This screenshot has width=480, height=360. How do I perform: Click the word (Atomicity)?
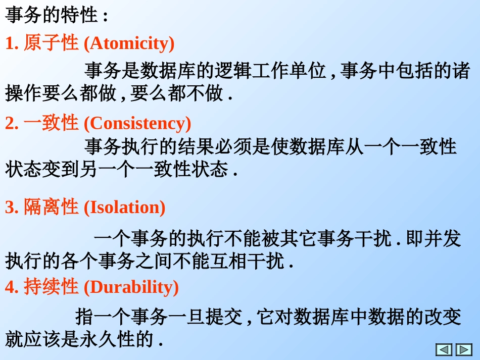click(x=129, y=43)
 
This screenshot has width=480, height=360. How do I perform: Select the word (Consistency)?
click(x=137, y=123)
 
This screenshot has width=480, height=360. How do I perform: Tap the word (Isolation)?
click(x=124, y=207)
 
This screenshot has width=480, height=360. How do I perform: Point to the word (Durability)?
click(x=131, y=287)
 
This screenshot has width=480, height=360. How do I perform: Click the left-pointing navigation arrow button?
click(x=444, y=349)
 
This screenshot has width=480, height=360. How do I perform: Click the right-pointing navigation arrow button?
click(x=464, y=349)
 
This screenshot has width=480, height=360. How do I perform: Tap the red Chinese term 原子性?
click(x=51, y=43)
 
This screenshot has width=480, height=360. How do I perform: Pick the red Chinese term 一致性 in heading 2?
click(x=51, y=123)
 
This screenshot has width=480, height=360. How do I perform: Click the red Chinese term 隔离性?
click(x=51, y=207)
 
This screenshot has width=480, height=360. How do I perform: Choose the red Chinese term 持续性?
click(x=51, y=287)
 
